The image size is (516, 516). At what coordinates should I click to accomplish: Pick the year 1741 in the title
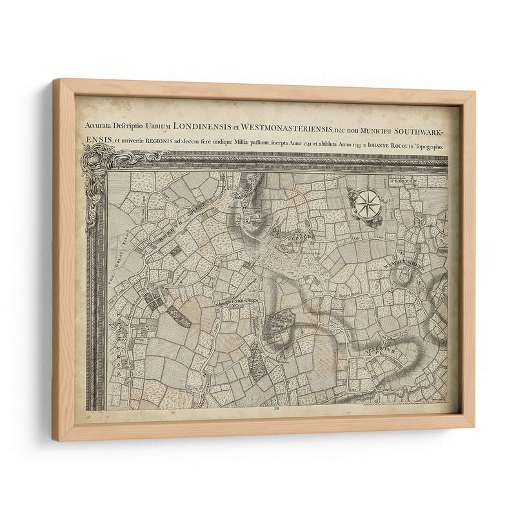pos(334,147)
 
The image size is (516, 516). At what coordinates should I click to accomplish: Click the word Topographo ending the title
pos(432,146)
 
